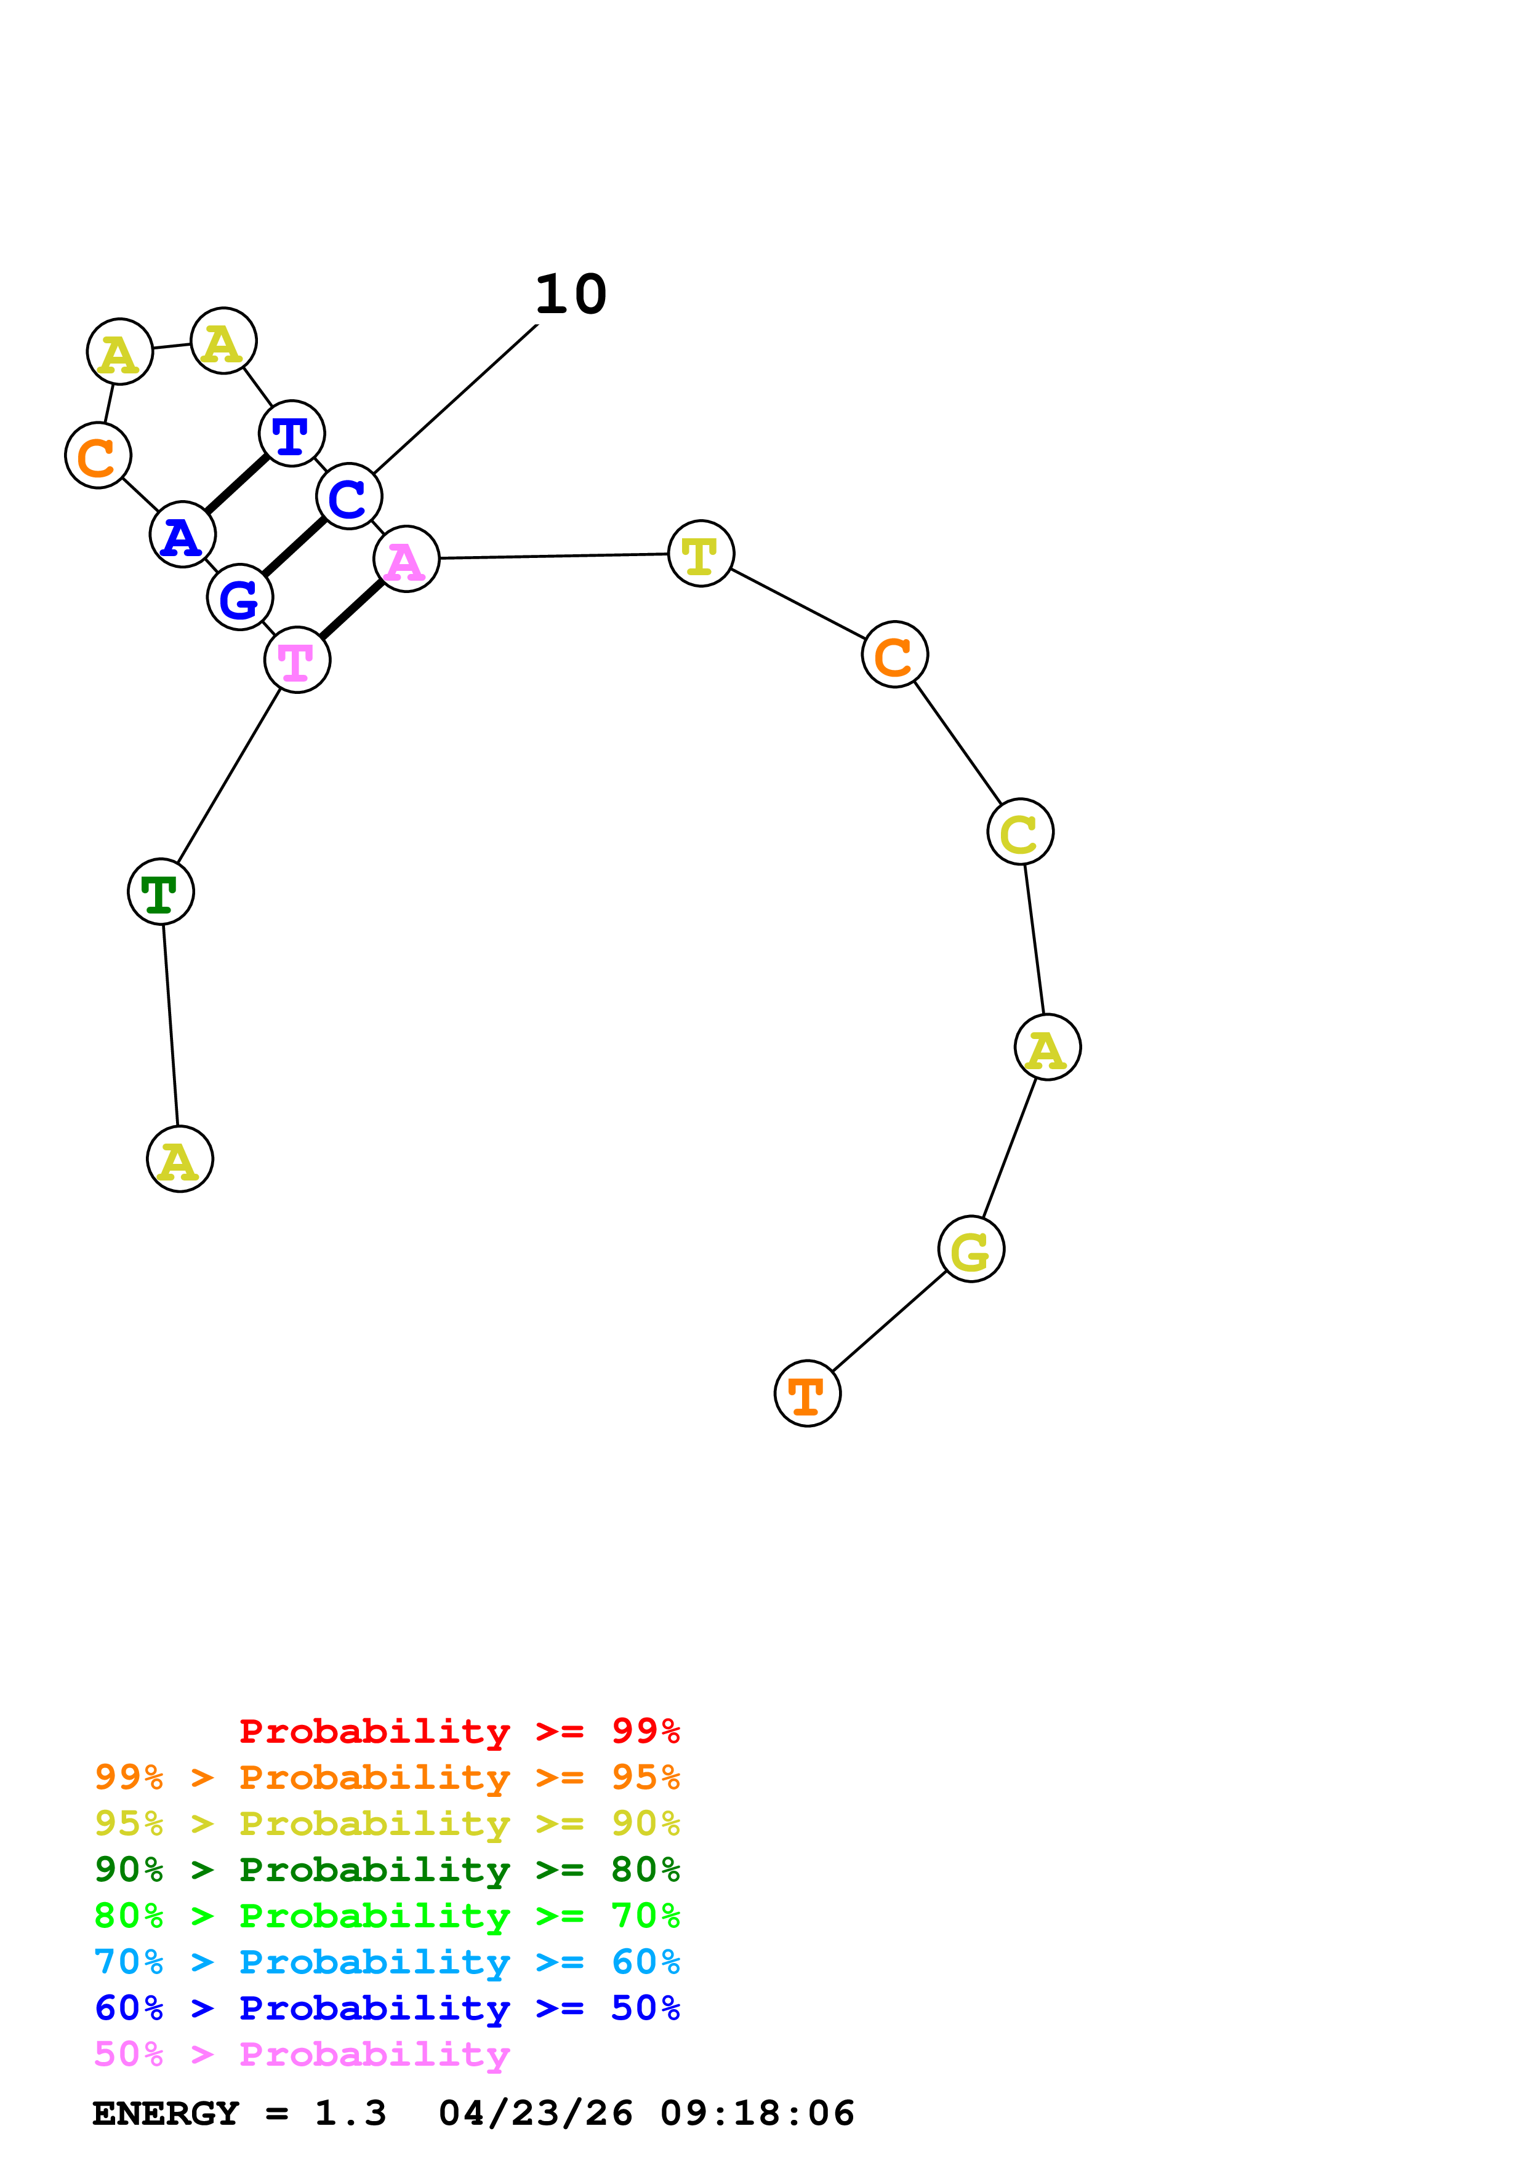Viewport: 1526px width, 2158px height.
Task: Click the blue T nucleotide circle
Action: [x=291, y=433]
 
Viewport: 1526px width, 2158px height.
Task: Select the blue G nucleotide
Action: [x=239, y=597]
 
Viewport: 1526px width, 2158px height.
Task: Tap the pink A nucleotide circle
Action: [x=406, y=559]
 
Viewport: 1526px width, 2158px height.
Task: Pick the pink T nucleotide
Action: [x=297, y=660]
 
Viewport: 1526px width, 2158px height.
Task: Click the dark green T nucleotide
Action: [x=161, y=891]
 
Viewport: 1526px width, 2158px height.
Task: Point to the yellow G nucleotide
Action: [x=971, y=1249]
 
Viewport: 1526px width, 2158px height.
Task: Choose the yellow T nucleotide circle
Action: [x=701, y=554]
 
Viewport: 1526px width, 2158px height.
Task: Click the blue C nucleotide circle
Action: [x=349, y=496]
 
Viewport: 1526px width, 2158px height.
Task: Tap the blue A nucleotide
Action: [x=182, y=535]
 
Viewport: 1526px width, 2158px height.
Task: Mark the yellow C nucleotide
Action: [x=1020, y=832]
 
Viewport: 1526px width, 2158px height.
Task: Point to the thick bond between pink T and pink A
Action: [x=351, y=610]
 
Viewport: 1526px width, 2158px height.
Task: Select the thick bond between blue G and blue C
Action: [x=294, y=547]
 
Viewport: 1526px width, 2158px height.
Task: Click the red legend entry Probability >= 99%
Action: [x=459, y=1731]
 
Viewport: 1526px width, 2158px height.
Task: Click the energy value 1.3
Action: [x=350, y=2114]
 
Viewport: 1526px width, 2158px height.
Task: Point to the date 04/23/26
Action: [x=535, y=2114]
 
